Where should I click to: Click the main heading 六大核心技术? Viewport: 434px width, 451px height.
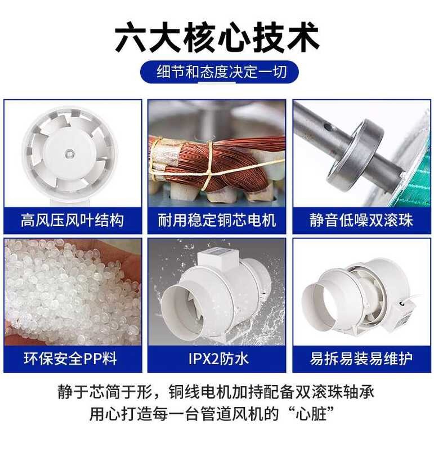pos(217,38)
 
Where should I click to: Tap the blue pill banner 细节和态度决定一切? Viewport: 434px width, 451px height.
pos(220,72)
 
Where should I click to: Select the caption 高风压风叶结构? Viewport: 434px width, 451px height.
pos(73,220)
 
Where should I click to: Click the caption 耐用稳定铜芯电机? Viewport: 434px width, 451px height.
pos(217,220)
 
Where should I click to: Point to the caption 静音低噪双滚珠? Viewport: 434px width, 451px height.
pos(361,220)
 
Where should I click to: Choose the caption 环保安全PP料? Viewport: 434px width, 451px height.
pos(70,359)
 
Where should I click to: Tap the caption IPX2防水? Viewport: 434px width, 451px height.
pos(218,359)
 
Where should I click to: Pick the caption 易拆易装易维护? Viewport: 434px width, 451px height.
pos(361,359)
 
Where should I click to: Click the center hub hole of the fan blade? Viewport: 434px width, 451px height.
pos(69,153)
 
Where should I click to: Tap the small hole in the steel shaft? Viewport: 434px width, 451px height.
pos(325,126)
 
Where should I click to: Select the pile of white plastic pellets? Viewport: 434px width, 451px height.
pos(72,292)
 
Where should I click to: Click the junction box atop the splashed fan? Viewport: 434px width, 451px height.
pos(218,257)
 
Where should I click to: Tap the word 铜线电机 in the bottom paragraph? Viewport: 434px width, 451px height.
pos(199,392)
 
